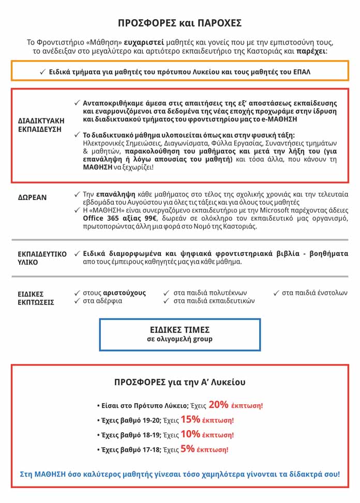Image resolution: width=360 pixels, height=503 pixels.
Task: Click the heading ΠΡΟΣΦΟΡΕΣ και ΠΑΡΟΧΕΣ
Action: pos(179,23)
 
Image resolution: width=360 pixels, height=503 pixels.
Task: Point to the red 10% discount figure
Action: pos(190,434)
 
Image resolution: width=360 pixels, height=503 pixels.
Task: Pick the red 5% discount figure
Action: pos(188,449)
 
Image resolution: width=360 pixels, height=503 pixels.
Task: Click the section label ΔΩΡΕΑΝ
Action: pos(33,197)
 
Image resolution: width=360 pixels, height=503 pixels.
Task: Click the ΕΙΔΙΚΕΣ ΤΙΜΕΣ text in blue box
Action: pos(179,329)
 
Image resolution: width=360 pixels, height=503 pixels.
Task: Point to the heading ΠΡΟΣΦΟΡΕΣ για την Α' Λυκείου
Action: pos(179,383)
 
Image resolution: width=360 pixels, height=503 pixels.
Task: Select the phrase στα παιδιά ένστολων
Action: pos(314,293)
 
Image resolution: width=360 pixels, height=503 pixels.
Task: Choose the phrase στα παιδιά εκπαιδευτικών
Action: pos(214,301)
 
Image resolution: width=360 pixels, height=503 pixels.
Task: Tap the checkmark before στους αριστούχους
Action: pos(77,293)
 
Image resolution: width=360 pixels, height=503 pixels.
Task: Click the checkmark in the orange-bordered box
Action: pos(42,72)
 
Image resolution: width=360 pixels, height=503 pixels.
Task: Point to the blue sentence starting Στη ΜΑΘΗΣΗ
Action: pos(179,474)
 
